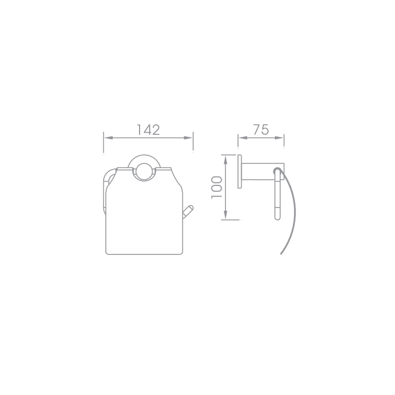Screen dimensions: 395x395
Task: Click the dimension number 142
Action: pyautogui.click(x=149, y=130)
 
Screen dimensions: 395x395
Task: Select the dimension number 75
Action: pyautogui.click(x=261, y=130)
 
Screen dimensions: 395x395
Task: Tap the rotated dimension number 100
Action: pyautogui.click(x=216, y=187)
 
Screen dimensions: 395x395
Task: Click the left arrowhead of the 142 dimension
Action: pyautogui.click(x=108, y=138)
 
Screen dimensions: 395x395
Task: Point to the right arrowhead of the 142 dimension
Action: pyautogui.click(x=188, y=138)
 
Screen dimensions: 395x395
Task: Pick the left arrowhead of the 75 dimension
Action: pyautogui.click(x=242, y=138)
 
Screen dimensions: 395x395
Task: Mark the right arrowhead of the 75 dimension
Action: pyautogui.click(x=279, y=138)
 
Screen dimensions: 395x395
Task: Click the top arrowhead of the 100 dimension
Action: pyautogui.click(x=226, y=160)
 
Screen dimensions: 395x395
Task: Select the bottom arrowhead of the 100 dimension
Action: pyautogui.click(x=226, y=215)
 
